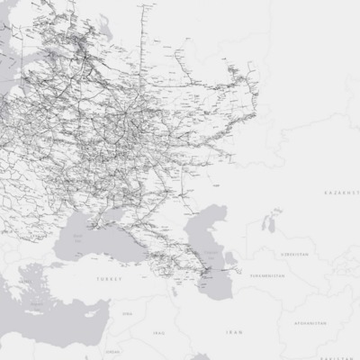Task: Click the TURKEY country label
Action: tap(108, 280)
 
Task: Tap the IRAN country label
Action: tap(234, 333)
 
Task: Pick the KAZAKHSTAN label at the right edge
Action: tap(341, 193)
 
